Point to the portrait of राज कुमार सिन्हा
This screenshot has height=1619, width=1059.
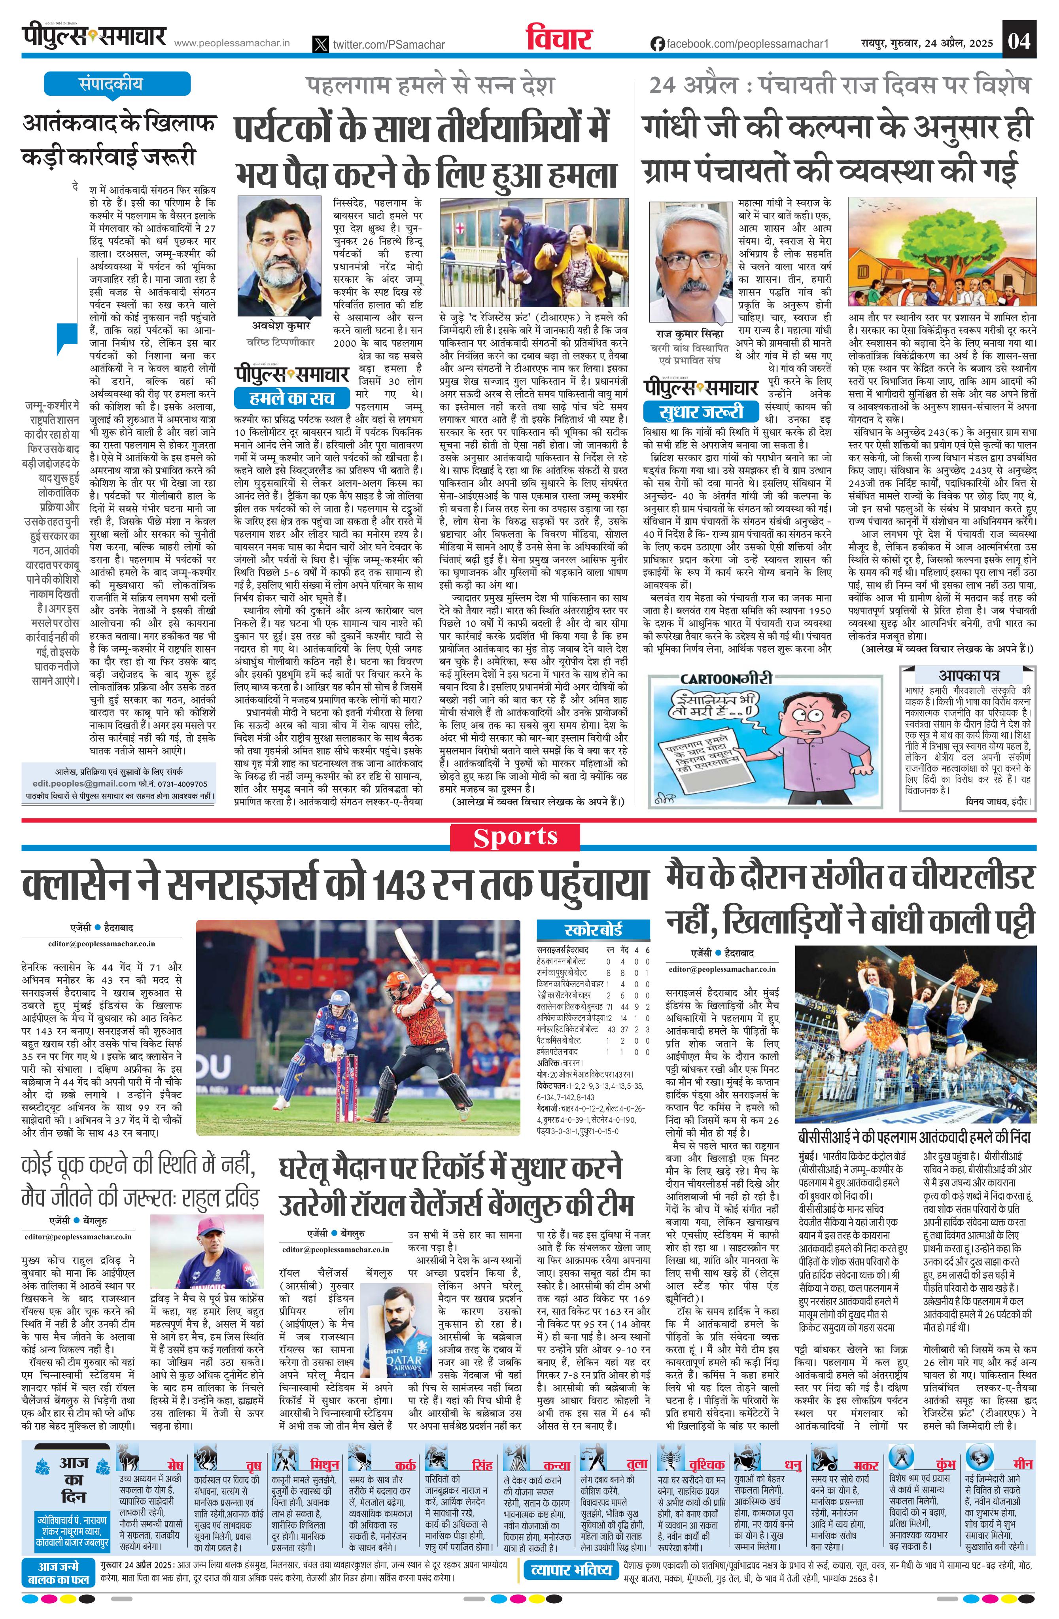688,262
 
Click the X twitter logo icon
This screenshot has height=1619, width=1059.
320,44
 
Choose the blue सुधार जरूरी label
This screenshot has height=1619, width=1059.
701,412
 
